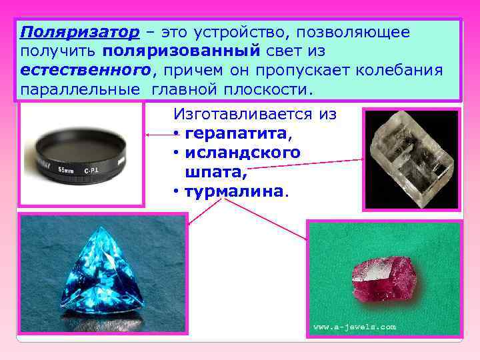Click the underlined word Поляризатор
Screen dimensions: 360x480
pos(80,33)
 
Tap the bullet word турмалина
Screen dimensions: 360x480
pos(233,192)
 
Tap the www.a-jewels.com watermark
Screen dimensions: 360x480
pos(355,327)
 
